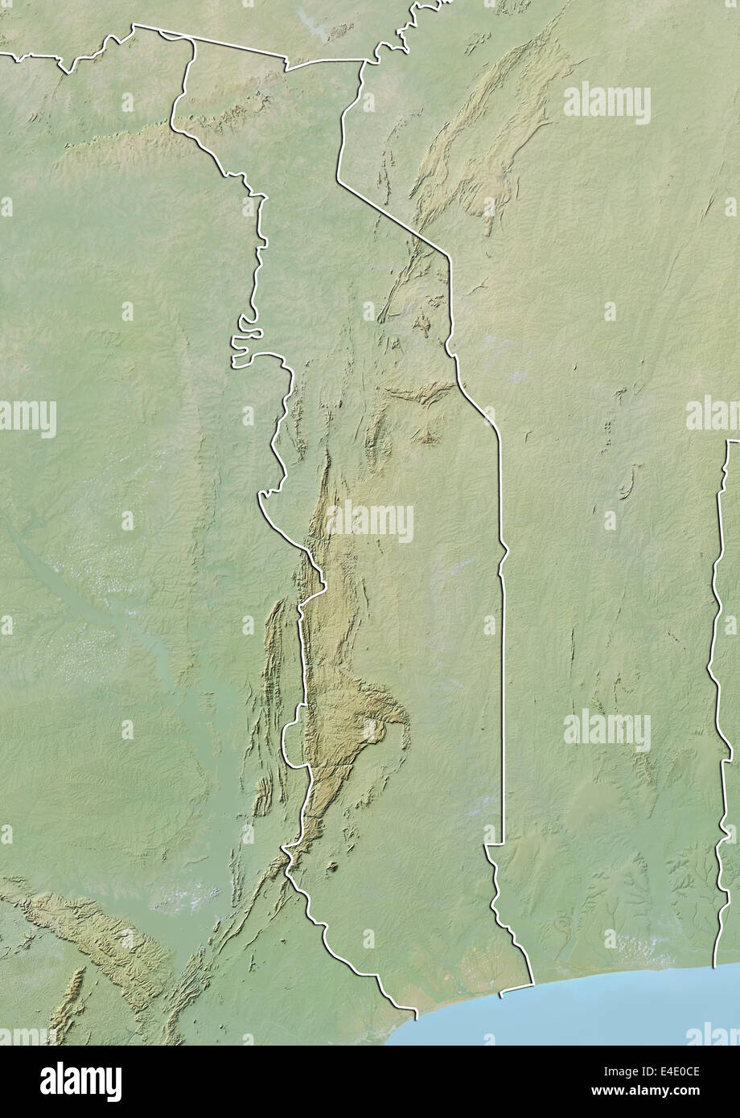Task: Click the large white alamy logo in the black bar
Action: tap(80, 1082)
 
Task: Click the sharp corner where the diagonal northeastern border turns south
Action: tap(449, 257)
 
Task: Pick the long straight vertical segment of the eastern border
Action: tap(503, 684)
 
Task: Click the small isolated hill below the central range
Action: tap(331, 867)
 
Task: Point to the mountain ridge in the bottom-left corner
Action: tap(97, 933)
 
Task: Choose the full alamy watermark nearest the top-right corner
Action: tap(607, 102)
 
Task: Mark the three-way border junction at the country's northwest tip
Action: tap(134, 26)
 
